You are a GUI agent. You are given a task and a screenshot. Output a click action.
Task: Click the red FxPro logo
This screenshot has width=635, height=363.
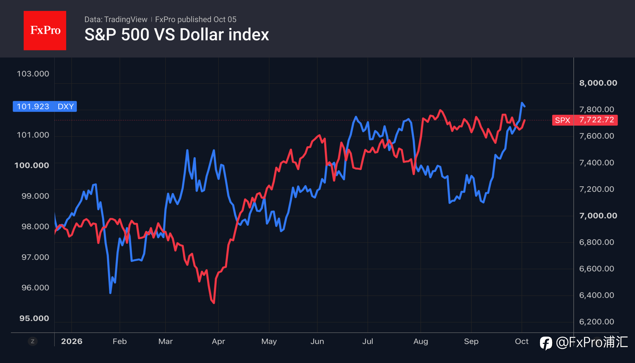click(x=45, y=30)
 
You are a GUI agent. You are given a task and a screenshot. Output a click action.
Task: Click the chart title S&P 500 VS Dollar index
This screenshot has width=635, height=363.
click(x=177, y=34)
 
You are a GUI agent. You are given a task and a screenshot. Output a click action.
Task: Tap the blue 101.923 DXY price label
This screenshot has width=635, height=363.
click(x=45, y=107)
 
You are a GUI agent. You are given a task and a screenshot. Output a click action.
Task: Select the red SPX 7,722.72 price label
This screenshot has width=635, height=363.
click(x=585, y=120)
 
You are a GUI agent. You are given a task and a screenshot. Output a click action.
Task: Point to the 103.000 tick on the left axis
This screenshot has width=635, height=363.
click(x=33, y=74)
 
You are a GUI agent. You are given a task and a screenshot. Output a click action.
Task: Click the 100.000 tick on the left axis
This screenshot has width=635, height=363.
click(x=32, y=165)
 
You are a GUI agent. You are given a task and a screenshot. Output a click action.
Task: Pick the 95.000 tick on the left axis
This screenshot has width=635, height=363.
click(x=34, y=318)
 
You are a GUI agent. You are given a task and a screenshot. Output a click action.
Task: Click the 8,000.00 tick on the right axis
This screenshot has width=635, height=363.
click(x=598, y=83)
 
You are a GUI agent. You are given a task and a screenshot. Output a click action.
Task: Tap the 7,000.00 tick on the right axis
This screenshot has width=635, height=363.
click(x=598, y=215)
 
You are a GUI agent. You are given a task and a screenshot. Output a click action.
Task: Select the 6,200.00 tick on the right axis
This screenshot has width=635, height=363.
click(x=596, y=321)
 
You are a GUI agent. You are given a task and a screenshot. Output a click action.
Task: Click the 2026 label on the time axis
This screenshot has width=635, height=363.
click(x=72, y=341)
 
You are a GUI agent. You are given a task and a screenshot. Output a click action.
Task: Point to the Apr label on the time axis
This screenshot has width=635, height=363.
click(x=218, y=341)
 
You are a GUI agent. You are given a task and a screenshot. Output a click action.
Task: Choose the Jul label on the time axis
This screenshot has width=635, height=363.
click(x=368, y=341)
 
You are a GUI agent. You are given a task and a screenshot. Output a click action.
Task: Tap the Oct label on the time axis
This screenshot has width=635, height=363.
click(x=521, y=341)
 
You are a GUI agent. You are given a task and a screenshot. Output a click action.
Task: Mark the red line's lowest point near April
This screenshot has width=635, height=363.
click(x=214, y=303)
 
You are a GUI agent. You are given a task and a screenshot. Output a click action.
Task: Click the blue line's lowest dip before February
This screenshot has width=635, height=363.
click(x=110, y=293)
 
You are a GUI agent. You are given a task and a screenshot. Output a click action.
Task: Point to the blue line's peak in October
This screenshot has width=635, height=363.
click(x=522, y=103)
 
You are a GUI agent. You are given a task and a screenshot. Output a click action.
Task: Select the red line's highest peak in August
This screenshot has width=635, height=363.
click(x=440, y=110)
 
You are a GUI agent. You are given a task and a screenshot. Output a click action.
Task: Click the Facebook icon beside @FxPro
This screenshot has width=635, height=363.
click(x=546, y=343)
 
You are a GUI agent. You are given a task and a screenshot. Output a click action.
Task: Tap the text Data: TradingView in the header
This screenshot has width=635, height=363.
click(x=116, y=19)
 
